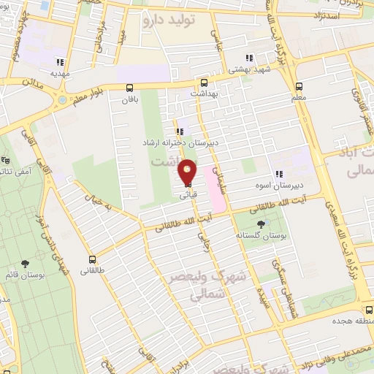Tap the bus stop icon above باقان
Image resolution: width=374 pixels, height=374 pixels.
(130, 88)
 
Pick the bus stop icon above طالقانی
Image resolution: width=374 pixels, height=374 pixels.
(92, 259)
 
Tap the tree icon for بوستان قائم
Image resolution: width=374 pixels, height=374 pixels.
(26, 263)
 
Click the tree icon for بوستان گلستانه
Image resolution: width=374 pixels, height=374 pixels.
(262, 224)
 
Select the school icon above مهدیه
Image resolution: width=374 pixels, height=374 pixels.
(60, 62)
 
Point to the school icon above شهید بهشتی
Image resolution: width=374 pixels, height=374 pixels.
(249, 57)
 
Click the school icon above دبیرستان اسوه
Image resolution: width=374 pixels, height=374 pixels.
(278, 174)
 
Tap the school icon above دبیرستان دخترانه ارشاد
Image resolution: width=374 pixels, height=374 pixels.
(180, 131)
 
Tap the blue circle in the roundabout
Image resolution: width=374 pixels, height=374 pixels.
(61, 99)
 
